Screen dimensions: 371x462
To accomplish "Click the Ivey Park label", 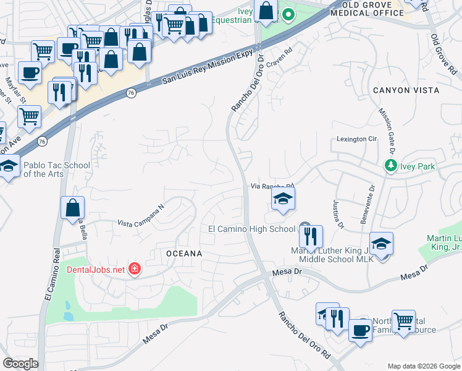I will point(418,166).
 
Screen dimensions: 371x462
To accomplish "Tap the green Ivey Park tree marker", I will point(390,166).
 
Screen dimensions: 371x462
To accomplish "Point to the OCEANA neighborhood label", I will point(183,254).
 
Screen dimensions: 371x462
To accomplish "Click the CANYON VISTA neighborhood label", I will point(406,90).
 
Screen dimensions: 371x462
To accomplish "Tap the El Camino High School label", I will point(251,229).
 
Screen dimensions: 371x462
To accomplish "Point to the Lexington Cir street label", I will point(356,139).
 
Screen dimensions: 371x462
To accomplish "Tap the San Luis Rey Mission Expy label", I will point(208,67).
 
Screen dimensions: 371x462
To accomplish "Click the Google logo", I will point(20,364).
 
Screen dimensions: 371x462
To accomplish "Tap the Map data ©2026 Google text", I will point(423,366).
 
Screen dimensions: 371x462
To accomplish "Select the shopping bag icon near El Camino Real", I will point(73,208).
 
